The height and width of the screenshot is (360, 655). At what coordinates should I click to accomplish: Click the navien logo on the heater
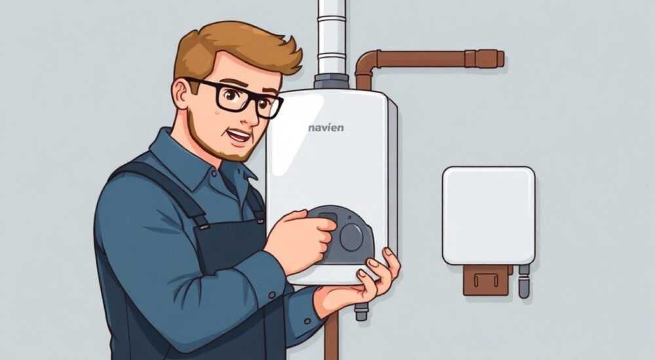click(x=326, y=128)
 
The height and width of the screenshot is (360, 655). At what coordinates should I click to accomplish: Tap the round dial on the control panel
click(x=351, y=237)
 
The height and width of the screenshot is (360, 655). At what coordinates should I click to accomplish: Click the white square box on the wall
click(x=489, y=215)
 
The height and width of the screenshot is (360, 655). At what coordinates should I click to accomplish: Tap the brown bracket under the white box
click(x=487, y=279)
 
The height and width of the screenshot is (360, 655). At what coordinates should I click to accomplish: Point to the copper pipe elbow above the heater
click(x=366, y=66)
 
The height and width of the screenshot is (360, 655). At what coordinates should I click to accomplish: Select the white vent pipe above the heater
click(x=331, y=37)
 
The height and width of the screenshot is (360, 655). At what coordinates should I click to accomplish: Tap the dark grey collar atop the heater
click(x=331, y=82)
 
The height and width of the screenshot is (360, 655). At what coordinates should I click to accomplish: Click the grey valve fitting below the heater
click(x=362, y=311)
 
